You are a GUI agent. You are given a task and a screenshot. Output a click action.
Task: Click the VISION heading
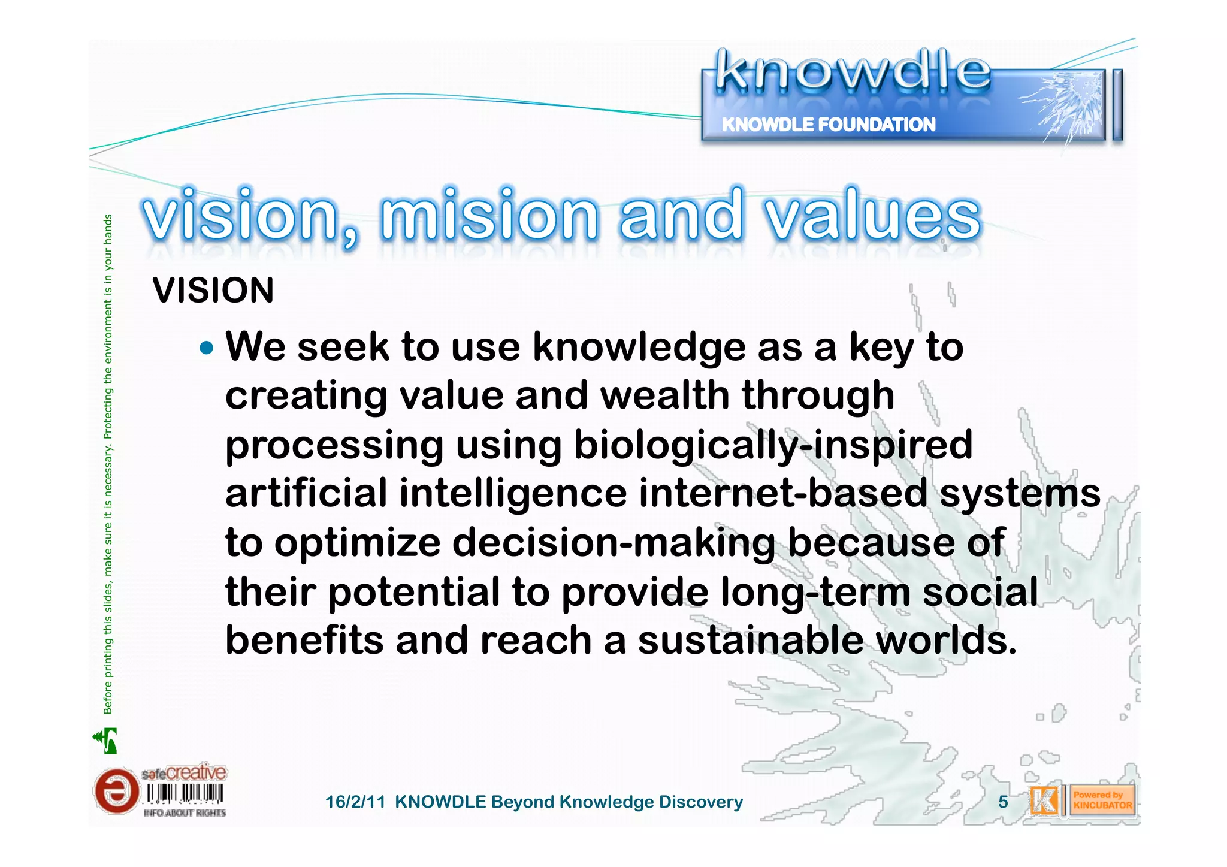(213, 291)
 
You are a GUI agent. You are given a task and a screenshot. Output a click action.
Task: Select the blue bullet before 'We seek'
(206, 348)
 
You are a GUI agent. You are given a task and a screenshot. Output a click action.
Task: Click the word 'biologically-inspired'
(773, 446)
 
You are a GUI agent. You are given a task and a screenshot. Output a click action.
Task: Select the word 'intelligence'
(513, 494)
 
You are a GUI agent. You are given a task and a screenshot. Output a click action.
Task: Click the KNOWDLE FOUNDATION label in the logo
(828, 125)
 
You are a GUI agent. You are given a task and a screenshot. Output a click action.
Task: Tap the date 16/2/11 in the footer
(355, 802)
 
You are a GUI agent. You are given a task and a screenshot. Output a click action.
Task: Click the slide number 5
(1003, 802)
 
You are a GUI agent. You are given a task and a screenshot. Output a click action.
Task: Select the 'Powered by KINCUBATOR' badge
(1102, 800)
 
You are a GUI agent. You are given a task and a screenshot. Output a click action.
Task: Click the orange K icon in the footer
(1044, 800)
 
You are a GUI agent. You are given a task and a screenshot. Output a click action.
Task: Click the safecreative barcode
(185, 794)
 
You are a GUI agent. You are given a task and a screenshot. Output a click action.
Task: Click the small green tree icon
(106, 741)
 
